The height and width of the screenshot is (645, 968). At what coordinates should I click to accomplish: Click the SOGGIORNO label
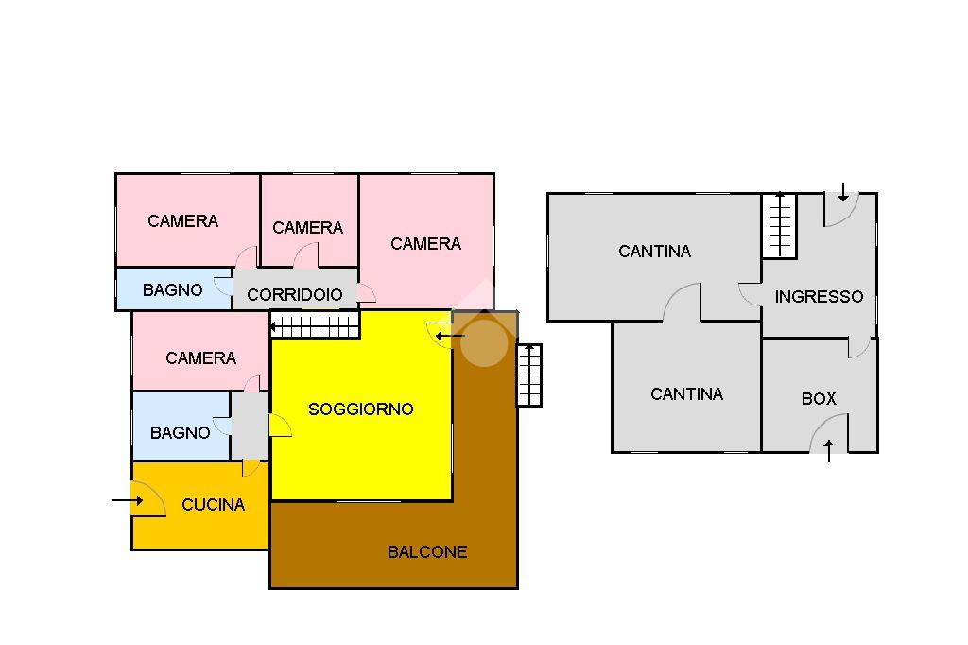click(361, 410)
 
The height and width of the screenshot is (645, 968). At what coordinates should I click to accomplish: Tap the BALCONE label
click(427, 552)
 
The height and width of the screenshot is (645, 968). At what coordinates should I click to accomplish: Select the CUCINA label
click(213, 505)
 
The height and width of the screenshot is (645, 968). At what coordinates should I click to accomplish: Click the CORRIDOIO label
click(295, 295)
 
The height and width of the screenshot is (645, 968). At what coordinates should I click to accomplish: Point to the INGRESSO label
click(819, 297)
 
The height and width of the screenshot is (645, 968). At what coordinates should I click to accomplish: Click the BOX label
click(819, 399)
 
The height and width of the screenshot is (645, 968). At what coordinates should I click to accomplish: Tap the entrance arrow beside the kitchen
click(126, 499)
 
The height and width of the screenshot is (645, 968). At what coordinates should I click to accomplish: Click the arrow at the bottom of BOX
click(829, 450)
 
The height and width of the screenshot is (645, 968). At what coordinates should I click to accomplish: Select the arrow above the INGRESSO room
click(842, 194)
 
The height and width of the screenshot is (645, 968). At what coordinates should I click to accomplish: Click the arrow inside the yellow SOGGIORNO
click(453, 336)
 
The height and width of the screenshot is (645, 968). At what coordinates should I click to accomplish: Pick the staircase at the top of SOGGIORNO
click(315, 327)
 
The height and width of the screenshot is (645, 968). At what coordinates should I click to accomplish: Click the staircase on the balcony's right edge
click(529, 375)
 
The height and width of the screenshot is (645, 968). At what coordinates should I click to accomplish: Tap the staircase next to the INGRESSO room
click(780, 225)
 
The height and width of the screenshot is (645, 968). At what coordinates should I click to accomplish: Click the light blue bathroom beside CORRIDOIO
click(173, 289)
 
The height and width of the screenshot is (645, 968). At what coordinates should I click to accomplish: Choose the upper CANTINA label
click(654, 252)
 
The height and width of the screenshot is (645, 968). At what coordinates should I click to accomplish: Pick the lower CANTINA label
click(686, 394)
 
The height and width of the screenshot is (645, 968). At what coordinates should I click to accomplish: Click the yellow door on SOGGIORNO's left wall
click(280, 426)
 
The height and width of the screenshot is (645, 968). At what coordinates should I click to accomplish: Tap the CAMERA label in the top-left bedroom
click(182, 221)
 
